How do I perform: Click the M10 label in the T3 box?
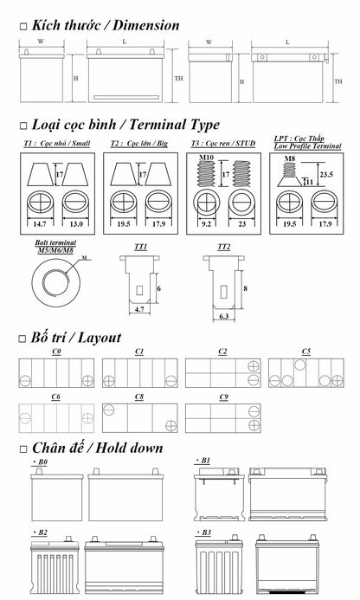pos(206,158)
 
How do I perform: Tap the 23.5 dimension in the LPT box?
pos(326,175)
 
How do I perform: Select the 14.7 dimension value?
pos(40,224)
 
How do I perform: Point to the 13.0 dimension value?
pos(76,224)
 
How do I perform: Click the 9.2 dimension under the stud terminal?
pos(206,224)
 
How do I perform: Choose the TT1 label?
pos(140,247)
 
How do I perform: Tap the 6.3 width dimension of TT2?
pos(224,317)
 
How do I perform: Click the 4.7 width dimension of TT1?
pos(139,309)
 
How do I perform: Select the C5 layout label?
pos(305,352)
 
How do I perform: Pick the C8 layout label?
pos(139,397)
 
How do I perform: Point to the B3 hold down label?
pos(204,532)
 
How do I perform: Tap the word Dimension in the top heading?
pos(145,25)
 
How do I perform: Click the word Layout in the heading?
pos(99,338)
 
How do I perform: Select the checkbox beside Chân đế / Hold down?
pos(23,448)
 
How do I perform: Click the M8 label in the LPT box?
pos(290,158)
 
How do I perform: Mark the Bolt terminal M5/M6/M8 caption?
pos(55,247)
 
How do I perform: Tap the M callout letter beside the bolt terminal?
pos(84,258)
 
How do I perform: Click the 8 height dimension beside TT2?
pos(245,288)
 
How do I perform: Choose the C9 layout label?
pos(224,397)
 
